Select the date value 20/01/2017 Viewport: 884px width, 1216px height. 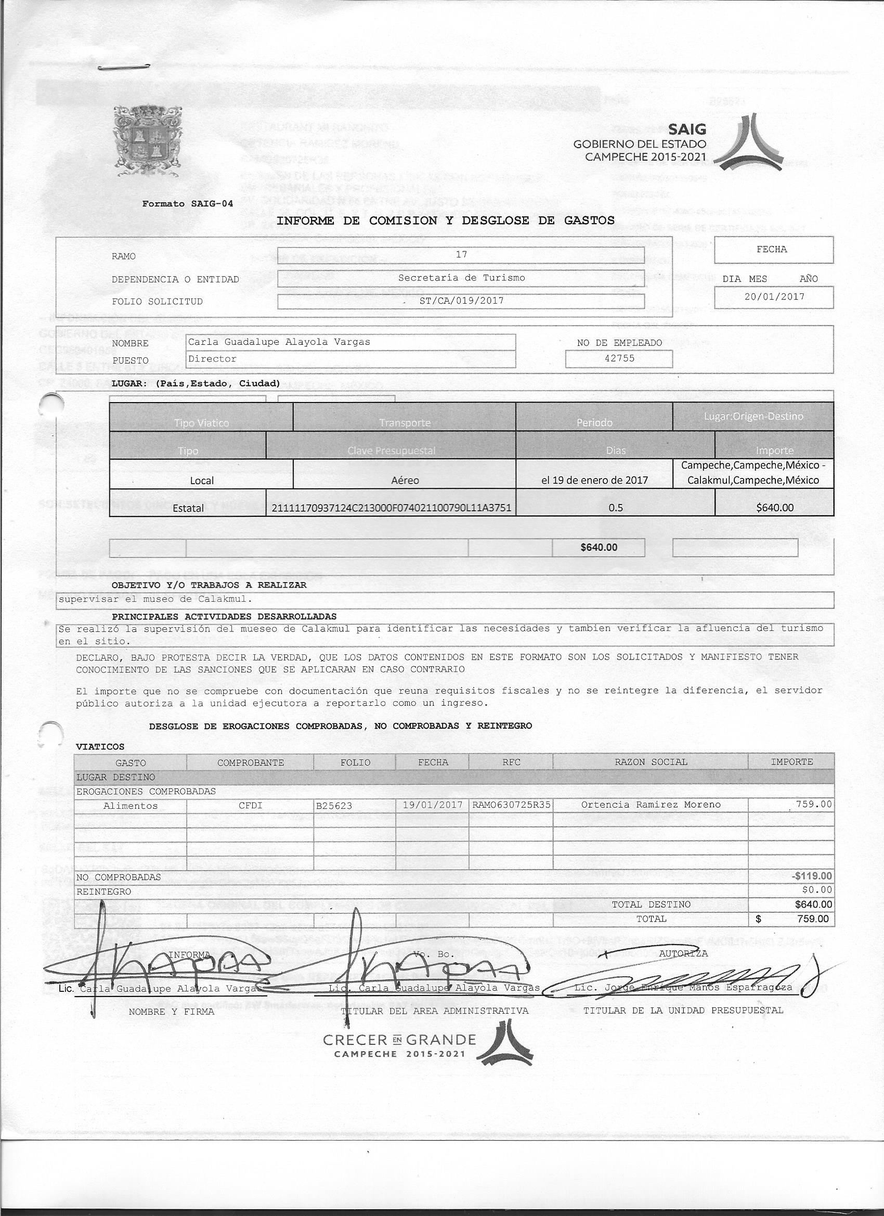(x=774, y=296)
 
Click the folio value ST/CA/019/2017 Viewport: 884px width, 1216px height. (x=461, y=301)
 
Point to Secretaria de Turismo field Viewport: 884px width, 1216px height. (x=461, y=278)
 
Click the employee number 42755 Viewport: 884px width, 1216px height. (x=619, y=358)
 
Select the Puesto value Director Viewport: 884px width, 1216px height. (x=212, y=359)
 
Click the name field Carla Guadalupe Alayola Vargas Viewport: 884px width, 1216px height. (x=279, y=342)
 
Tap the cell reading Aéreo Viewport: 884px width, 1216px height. (x=405, y=481)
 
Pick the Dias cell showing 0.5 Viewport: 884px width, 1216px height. (x=616, y=507)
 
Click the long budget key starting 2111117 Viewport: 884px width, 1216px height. (x=391, y=507)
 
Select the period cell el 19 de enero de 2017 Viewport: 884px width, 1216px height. (x=594, y=481)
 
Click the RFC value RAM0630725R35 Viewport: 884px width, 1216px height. (x=512, y=805)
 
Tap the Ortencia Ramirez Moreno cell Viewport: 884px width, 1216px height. (x=651, y=805)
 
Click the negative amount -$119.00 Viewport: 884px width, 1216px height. (x=812, y=876)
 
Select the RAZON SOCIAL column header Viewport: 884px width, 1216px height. (x=651, y=762)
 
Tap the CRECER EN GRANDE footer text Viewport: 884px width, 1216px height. (x=399, y=1040)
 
